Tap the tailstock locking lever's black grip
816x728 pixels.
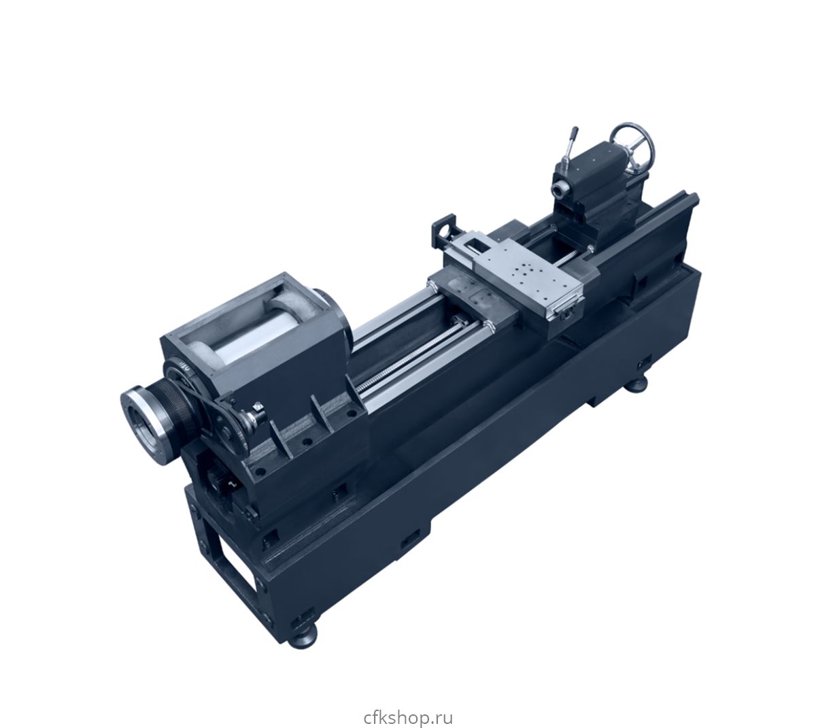575,134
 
